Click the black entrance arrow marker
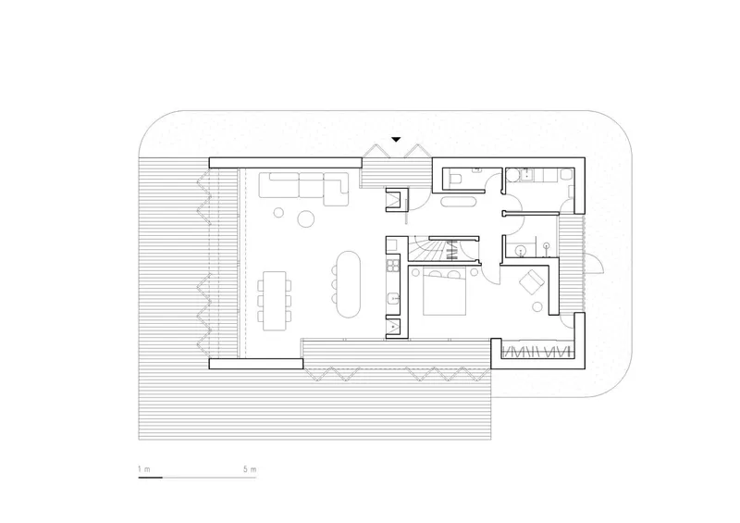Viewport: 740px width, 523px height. tap(396, 140)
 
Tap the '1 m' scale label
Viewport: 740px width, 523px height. tap(144, 469)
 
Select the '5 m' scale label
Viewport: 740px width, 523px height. tap(250, 469)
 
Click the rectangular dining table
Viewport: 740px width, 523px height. tap(274, 301)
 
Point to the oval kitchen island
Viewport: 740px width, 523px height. tap(349, 283)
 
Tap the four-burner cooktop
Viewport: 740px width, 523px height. tap(393, 265)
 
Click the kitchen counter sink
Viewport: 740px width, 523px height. tap(393, 299)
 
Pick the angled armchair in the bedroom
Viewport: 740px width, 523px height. tap(532, 281)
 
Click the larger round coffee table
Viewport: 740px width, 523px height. tap(306, 218)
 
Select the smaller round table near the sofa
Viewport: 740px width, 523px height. tap(279, 213)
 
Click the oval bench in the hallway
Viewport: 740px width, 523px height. tap(458, 203)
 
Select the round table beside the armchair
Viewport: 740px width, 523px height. tap(537, 307)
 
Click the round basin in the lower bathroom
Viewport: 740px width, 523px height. tap(521, 249)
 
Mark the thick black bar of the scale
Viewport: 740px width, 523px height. tap(150, 478)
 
